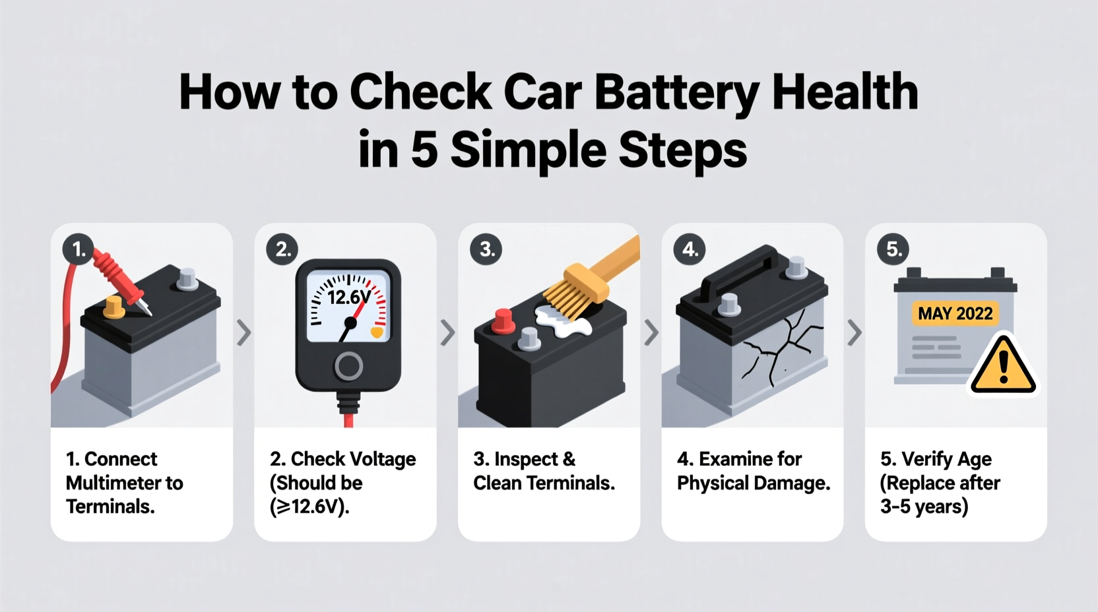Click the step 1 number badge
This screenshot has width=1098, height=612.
tap(79, 249)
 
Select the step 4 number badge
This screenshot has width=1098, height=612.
tap(690, 249)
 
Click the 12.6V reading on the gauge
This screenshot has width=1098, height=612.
tap(348, 298)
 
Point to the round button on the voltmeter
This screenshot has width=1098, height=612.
tap(348, 366)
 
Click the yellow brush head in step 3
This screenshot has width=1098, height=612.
tap(579, 290)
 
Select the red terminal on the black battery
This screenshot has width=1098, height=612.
tap(503, 321)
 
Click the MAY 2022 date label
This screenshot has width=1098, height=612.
tap(955, 314)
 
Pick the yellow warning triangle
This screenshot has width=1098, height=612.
tap(1003, 367)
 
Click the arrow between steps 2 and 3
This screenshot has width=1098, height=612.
tap(447, 333)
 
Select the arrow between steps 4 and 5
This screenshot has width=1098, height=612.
tap(855, 333)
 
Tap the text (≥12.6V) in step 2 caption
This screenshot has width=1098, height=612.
tap(309, 506)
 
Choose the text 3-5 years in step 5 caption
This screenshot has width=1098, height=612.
tap(923, 506)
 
